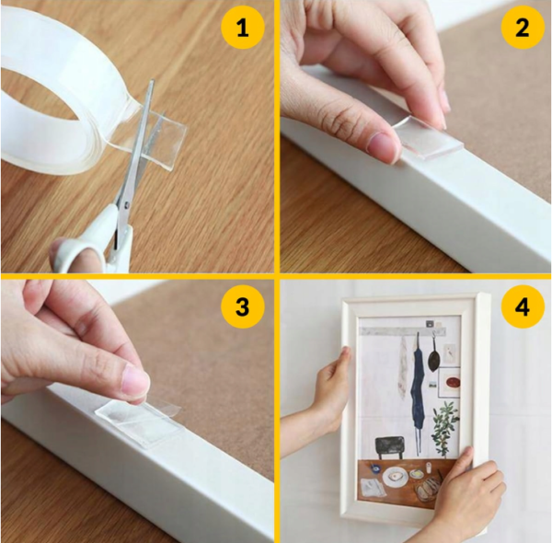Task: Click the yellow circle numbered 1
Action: (243, 28)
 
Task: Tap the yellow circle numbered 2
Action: (523, 28)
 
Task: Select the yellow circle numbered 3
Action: (243, 306)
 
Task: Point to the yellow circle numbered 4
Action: (523, 306)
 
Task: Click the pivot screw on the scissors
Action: (127, 203)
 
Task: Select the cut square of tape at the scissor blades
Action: (166, 132)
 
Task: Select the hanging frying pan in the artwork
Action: (433, 355)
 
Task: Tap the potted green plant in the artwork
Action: (444, 429)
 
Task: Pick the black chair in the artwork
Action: (390, 447)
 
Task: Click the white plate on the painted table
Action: (396, 478)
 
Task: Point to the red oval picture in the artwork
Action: (452, 382)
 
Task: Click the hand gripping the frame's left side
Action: (333, 391)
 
